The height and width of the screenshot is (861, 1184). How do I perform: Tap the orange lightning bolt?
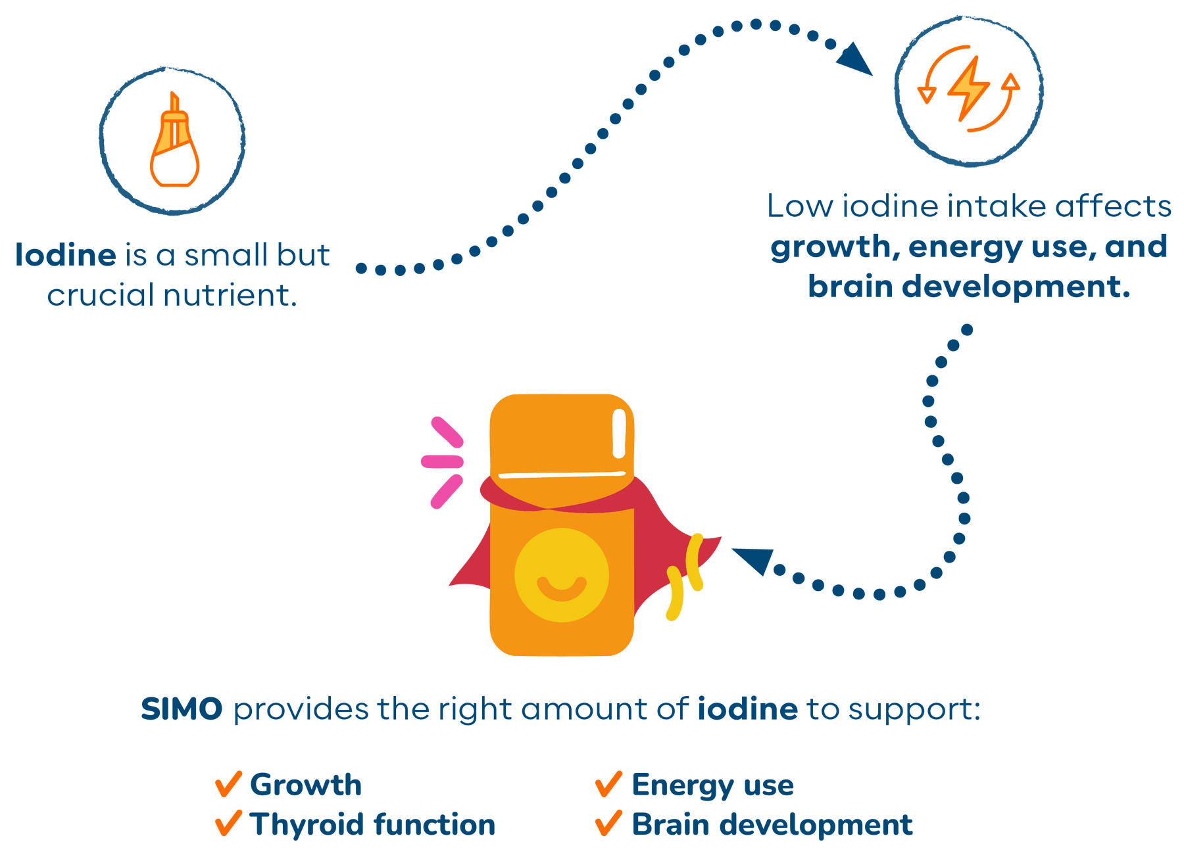point(967,89)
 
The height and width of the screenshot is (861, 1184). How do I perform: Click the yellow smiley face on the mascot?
point(561,575)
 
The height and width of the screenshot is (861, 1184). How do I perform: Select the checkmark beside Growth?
point(228,783)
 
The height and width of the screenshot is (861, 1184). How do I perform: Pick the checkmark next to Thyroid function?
point(228,824)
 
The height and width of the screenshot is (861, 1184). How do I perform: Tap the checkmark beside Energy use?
point(608,783)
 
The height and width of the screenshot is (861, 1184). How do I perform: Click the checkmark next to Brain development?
point(608,824)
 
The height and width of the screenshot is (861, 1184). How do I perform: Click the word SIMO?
point(182,710)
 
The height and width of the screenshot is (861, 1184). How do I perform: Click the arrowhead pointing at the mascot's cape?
point(752,561)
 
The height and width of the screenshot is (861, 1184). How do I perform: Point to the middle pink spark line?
point(442,461)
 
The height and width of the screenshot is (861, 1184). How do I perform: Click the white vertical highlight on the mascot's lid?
point(618,433)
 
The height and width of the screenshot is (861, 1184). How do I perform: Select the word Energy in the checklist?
point(682,785)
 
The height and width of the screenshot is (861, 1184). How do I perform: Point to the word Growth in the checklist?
point(306,785)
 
